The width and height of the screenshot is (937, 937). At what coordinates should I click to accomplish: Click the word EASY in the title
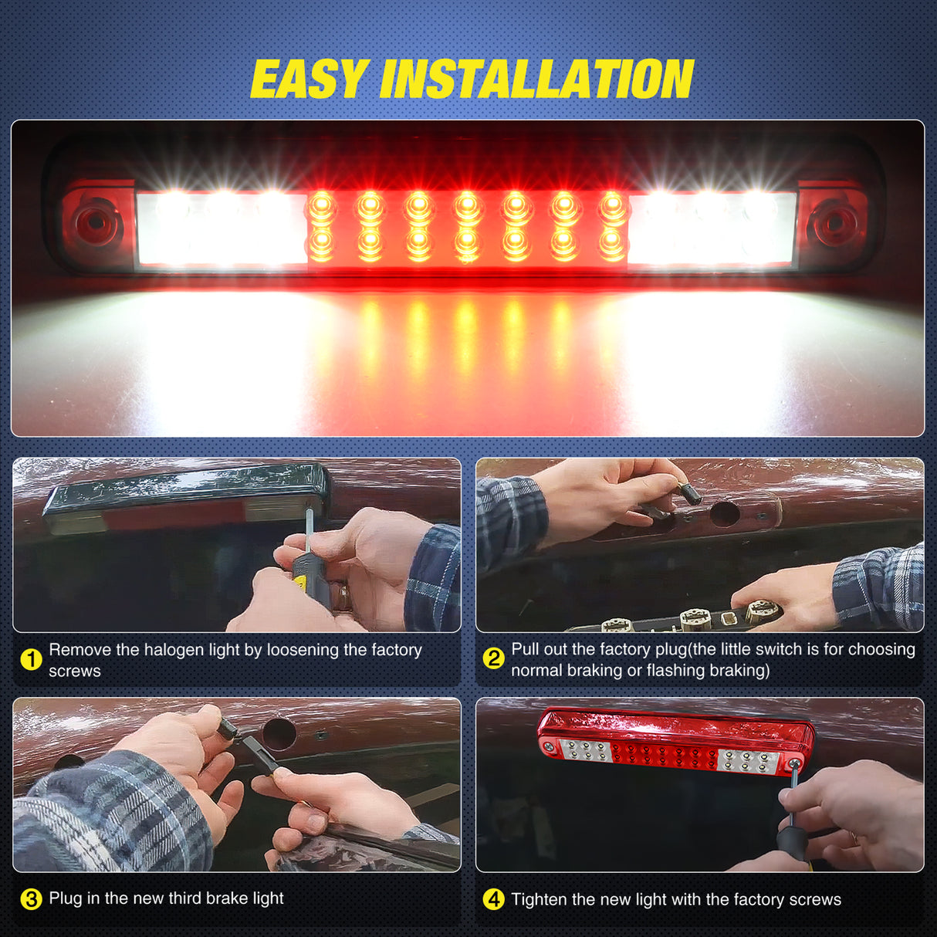(309, 79)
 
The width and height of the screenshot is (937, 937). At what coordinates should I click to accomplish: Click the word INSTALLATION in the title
(536, 79)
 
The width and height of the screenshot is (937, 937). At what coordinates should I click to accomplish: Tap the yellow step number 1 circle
(31, 660)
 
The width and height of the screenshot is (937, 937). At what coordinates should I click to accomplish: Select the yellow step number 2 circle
(493, 658)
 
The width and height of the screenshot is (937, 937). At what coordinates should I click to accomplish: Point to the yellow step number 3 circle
(31, 899)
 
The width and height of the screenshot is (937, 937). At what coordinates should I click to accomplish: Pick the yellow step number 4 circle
(493, 899)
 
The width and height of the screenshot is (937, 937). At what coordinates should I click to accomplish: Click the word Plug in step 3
(65, 898)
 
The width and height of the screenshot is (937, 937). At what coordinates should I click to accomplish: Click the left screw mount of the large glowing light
(96, 223)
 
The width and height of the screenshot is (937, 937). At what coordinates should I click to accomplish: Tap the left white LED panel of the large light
(222, 228)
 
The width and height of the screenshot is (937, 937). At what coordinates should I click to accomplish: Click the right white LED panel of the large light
(712, 228)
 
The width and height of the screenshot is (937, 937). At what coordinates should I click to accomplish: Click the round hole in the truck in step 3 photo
(279, 733)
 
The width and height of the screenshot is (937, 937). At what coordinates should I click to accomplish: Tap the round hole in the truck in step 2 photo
(726, 514)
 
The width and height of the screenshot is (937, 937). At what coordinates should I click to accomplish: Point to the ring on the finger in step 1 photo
(342, 596)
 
